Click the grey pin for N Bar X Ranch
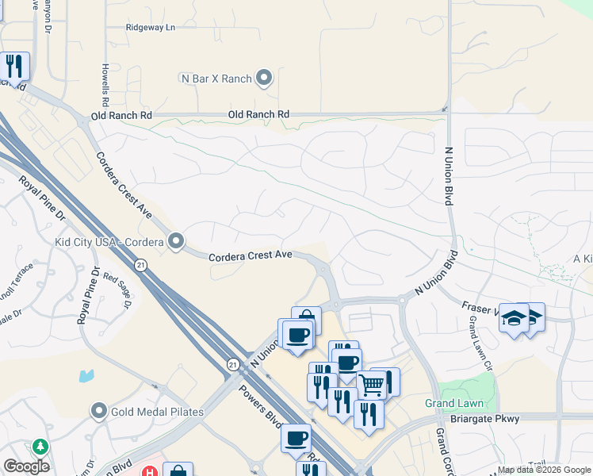point(264,78)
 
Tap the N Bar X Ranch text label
point(216,79)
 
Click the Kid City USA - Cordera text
point(109,241)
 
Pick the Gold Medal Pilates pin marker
point(99,411)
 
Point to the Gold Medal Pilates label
point(157,412)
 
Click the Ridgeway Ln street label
point(150,27)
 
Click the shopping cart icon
point(371,386)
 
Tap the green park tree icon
point(38,447)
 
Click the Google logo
point(26,466)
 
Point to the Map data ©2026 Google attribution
point(544,470)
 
